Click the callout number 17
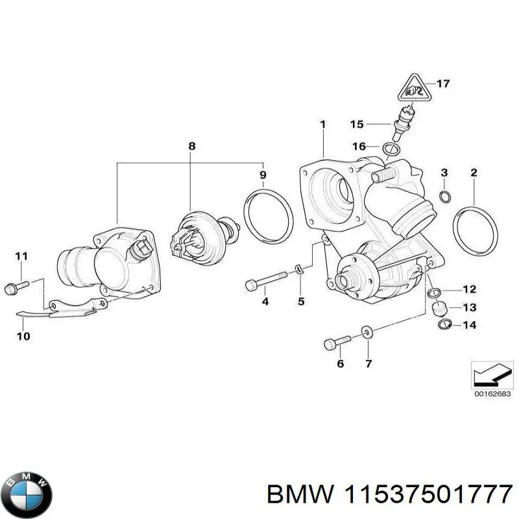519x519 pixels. [x=442, y=84]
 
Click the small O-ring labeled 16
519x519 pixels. [x=391, y=149]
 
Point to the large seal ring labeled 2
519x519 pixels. [x=476, y=230]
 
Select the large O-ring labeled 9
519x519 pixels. [x=267, y=215]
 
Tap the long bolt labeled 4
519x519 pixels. [x=265, y=284]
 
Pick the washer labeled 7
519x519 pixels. [x=367, y=333]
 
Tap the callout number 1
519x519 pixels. [x=322, y=123]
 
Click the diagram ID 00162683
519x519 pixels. [x=490, y=393]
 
